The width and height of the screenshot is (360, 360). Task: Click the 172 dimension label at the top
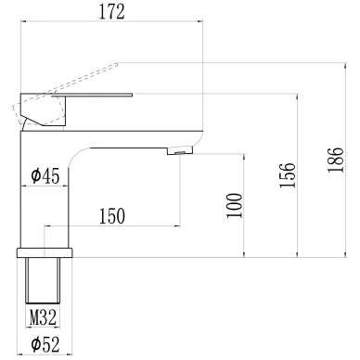(112, 12)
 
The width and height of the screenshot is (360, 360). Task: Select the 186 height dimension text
(336, 160)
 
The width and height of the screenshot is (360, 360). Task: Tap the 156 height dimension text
(288, 174)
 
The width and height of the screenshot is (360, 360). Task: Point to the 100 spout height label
(234, 206)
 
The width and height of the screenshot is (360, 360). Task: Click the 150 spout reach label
(112, 216)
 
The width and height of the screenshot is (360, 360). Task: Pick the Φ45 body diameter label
(45, 176)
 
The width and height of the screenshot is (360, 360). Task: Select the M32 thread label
(43, 317)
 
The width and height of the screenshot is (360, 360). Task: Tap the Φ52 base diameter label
(45, 344)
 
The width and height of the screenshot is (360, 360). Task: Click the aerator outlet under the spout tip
(180, 151)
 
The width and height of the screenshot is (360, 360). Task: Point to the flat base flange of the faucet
(45, 252)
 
